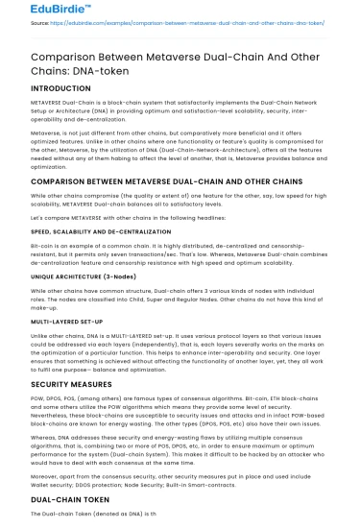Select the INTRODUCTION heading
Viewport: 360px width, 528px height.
click(x=61, y=86)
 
